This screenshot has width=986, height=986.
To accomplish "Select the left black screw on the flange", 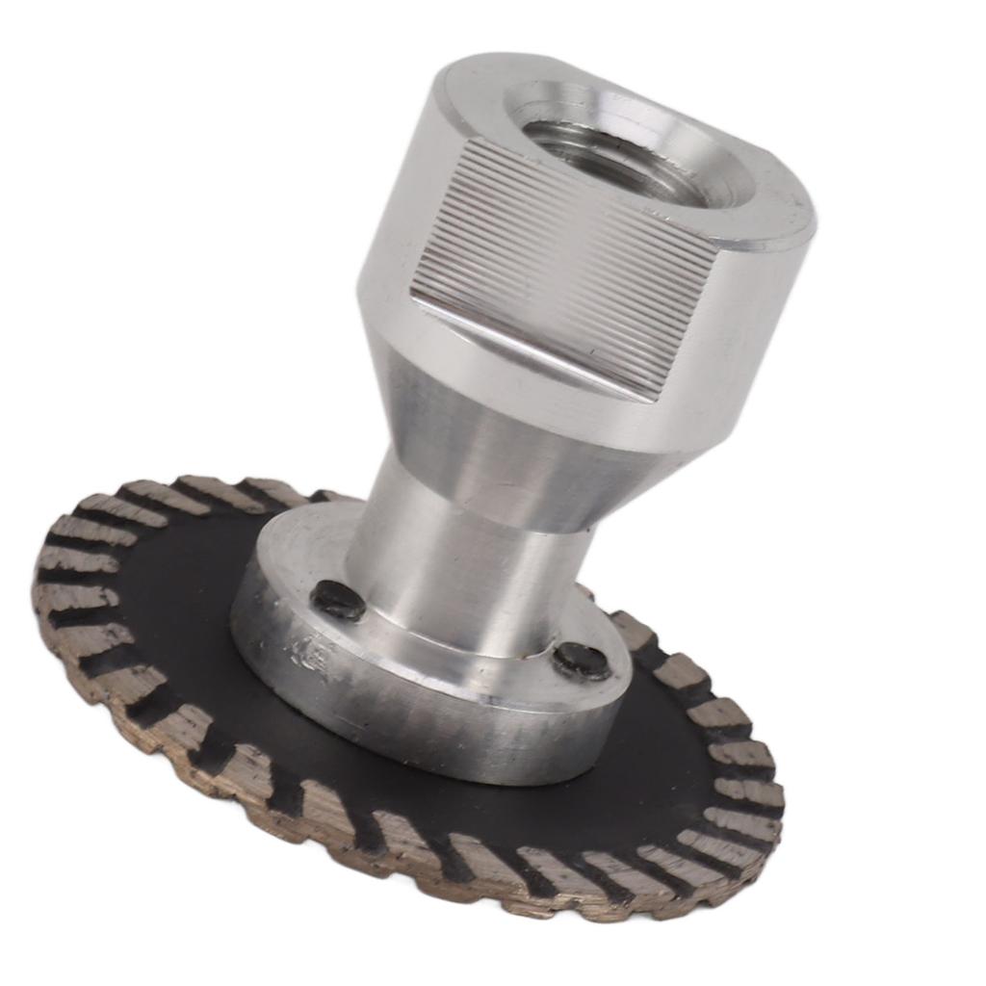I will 338,601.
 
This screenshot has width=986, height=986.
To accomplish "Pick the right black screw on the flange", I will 581,660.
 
